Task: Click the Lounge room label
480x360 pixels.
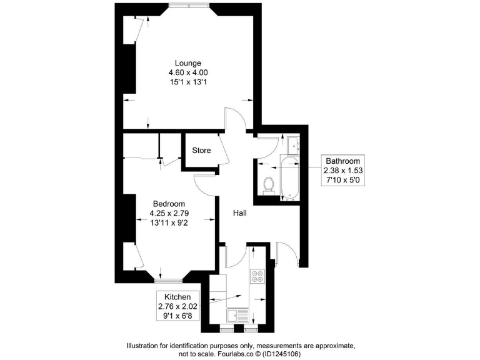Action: [187, 63]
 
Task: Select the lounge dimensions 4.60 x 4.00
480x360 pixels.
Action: [187, 72]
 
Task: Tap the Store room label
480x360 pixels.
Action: [201, 151]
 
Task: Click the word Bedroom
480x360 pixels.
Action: [169, 204]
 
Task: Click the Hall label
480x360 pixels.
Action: [240, 213]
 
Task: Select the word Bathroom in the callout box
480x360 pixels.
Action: [342, 161]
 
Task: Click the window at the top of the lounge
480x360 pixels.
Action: [189, 6]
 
